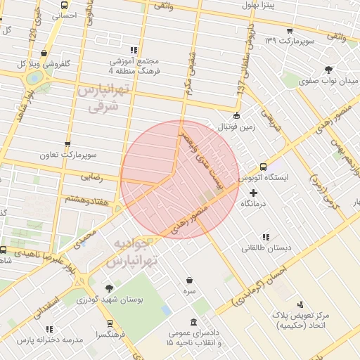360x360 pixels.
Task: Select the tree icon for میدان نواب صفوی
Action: click(x=328, y=69)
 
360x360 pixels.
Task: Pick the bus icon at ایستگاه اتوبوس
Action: click(x=263, y=167)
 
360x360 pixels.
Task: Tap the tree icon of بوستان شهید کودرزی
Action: click(x=109, y=288)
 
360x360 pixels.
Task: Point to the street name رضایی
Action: click(x=92, y=177)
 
